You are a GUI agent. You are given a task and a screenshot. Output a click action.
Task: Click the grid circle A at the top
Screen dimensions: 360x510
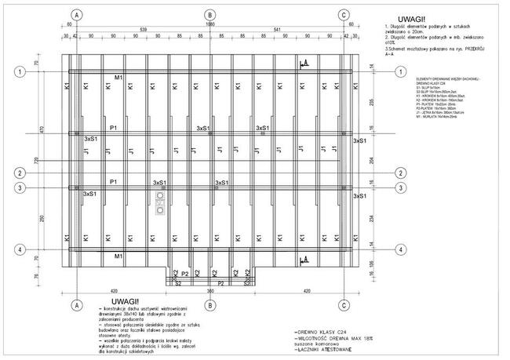point(76,15)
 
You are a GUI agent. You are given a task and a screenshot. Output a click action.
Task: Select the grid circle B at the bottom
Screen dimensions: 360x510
point(209,304)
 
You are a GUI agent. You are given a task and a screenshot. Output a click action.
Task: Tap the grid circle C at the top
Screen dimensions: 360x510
point(344,15)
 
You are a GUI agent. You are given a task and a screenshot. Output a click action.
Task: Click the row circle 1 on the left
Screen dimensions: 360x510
point(18,71)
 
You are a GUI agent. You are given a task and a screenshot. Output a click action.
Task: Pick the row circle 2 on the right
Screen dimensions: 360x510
point(401,173)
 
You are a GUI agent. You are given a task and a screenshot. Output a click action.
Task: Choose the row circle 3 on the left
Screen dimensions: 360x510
point(18,187)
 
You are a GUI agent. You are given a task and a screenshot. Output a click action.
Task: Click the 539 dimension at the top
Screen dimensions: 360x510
point(143,29)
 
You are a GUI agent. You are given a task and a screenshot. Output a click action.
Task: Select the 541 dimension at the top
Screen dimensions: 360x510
point(277,29)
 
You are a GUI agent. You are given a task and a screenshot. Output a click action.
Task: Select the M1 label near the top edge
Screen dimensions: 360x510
point(118,78)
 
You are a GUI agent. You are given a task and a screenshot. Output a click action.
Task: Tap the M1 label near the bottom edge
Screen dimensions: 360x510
point(118,256)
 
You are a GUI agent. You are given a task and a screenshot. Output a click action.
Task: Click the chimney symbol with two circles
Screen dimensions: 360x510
point(161,201)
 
